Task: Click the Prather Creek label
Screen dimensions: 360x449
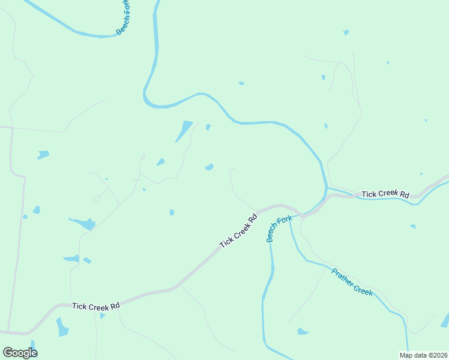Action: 352,281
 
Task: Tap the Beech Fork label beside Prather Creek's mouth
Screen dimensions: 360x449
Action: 279,229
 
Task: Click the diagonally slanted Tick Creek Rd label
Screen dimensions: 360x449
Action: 238,231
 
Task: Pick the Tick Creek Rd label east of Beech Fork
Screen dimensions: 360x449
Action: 385,194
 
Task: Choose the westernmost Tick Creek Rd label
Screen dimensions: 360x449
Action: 96,306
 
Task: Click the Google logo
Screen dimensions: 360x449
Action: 20,353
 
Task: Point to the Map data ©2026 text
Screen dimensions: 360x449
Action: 423,355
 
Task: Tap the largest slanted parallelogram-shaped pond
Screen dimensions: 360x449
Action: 184,131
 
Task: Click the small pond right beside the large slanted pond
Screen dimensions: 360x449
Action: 208,127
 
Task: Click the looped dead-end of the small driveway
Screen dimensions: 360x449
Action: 97,199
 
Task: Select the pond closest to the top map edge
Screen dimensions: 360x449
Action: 346,32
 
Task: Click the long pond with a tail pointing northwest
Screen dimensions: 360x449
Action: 83,224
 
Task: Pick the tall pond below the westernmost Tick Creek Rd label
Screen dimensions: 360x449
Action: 62,327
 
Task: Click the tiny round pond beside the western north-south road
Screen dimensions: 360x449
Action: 25,217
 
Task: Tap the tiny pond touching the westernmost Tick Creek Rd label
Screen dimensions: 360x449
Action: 102,316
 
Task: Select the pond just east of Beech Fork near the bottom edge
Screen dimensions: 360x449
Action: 302,331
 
